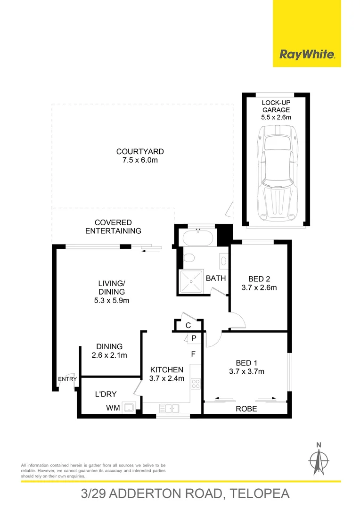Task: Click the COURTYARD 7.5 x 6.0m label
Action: tap(140, 156)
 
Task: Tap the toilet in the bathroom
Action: tap(189, 258)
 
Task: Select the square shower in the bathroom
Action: tap(190, 281)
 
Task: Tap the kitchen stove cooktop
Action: tap(196, 384)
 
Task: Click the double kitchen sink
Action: tap(169, 408)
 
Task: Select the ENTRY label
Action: tap(67, 379)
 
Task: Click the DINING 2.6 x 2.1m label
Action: tap(109, 351)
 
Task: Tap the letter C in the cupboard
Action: tap(188, 325)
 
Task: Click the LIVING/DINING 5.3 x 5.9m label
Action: tap(111, 292)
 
